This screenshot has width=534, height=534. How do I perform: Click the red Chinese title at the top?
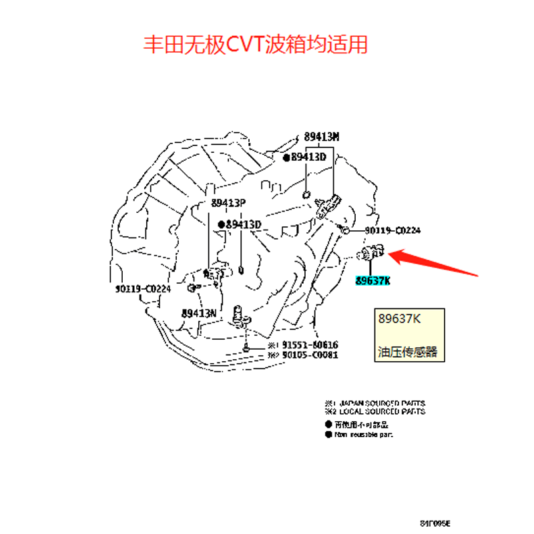256,45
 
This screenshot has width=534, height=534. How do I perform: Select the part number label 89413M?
322,138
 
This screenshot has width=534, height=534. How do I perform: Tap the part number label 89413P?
229,202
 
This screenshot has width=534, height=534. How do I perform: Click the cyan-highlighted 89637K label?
372,281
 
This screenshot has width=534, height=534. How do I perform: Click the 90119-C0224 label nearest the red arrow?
392,231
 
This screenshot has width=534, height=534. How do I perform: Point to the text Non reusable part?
364,435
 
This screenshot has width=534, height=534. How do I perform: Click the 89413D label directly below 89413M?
308,158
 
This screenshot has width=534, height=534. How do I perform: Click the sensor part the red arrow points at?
370,254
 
